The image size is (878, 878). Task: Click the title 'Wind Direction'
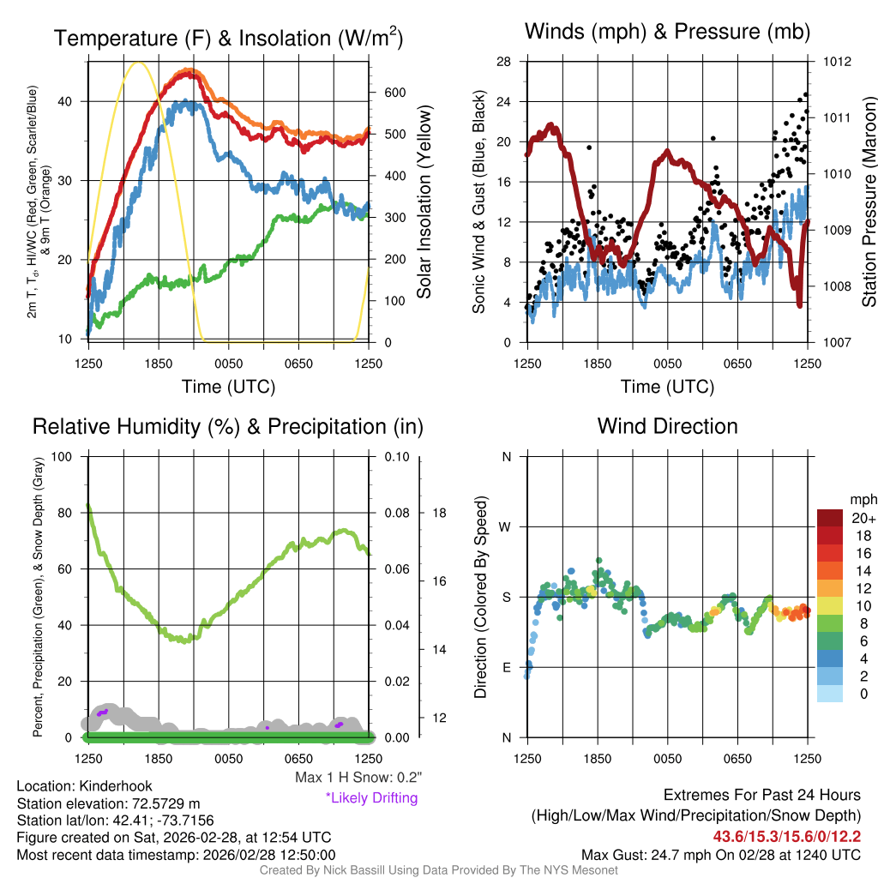667,426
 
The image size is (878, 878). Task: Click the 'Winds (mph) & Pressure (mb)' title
667,33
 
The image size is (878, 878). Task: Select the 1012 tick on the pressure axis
837,62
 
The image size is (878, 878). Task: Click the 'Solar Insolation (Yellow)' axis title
424,202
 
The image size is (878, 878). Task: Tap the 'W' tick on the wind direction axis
506,526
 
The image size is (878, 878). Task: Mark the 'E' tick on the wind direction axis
506,667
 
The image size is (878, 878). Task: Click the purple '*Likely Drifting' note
371,798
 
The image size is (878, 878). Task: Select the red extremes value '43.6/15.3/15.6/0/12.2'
786,836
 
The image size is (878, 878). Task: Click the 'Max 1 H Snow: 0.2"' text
358,778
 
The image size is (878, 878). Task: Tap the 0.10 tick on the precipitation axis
396,456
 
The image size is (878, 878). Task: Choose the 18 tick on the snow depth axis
440,513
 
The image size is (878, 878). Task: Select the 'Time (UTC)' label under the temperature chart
228,387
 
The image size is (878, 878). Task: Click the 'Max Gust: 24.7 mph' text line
720,854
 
